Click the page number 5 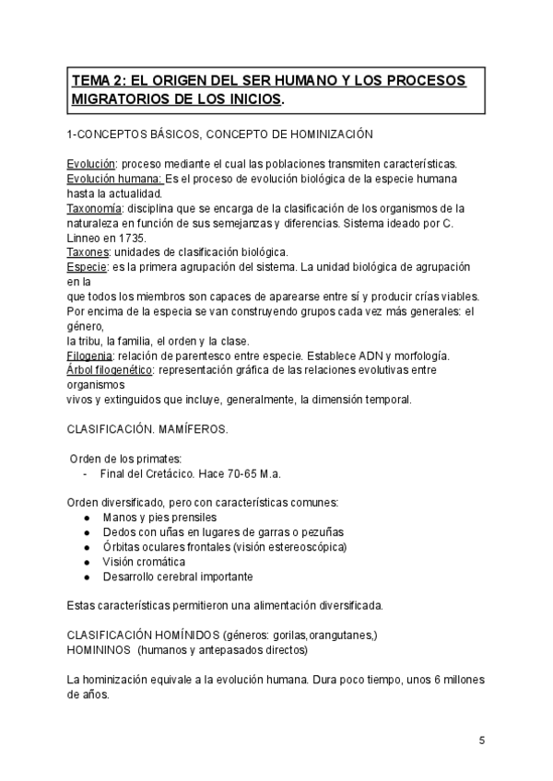pyautogui.click(x=482, y=741)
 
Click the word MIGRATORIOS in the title pyautogui.click(x=122, y=99)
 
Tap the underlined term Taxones pyautogui.click(x=88, y=251)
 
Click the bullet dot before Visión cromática pyautogui.click(x=86, y=562)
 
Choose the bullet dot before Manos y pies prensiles pyautogui.click(x=86, y=518)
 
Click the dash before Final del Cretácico pyautogui.click(x=86, y=473)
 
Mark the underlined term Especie pyautogui.click(x=88, y=266)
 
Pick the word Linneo pyautogui.click(x=86, y=237)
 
